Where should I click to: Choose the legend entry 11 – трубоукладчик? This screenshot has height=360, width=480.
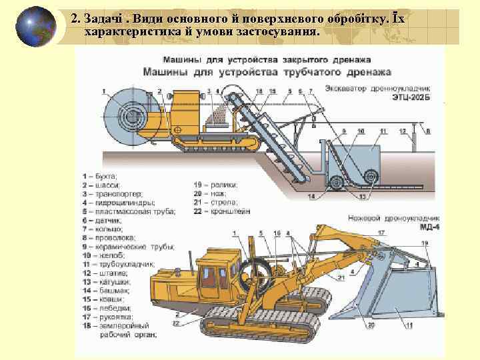tap(117, 264)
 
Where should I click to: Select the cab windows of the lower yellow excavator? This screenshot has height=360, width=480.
tap(213, 276)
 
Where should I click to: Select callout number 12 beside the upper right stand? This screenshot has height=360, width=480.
tap(402, 131)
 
